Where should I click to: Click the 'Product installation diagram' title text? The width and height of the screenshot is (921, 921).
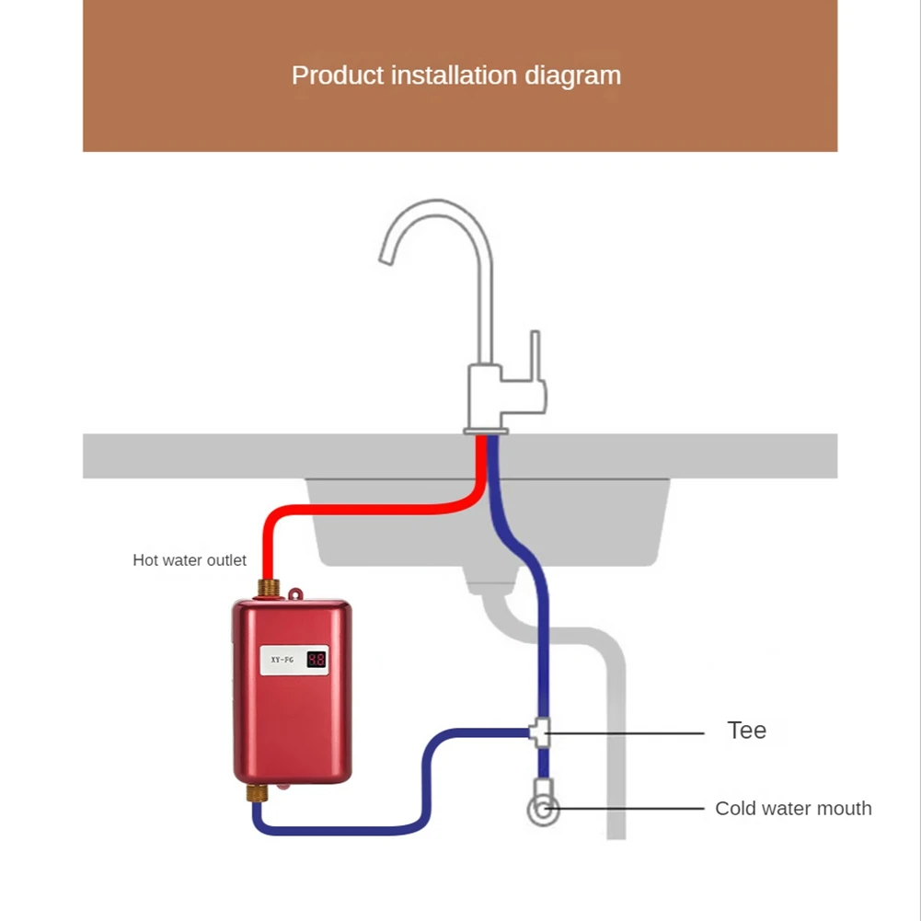pyautogui.click(x=456, y=75)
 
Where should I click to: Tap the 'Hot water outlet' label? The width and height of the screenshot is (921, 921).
pyautogui.click(x=190, y=560)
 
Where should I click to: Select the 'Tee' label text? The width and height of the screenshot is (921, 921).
pyautogui.click(x=746, y=731)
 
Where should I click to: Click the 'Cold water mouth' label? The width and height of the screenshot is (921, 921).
pyautogui.click(x=793, y=809)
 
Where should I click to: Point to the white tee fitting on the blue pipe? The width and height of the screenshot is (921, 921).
pyautogui.click(x=542, y=732)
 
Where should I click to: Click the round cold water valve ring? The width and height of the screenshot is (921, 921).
pyautogui.click(x=543, y=810)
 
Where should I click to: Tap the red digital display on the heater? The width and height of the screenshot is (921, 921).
pyautogui.click(x=316, y=660)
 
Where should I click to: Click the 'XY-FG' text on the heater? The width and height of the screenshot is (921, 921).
pyautogui.click(x=282, y=660)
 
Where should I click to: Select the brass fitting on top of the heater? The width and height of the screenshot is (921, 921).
pyautogui.click(x=270, y=588)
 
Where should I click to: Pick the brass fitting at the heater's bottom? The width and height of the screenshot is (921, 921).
pyautogui.click(x=258, y=791)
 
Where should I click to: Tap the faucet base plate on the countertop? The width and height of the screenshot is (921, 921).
pyautogui.click(x=486, y=430)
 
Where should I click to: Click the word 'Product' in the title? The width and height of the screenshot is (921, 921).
pyautogui.click(x=338, y=75)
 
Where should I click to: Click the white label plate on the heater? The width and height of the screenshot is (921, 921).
pyautogui.click(x=294, y=660)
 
